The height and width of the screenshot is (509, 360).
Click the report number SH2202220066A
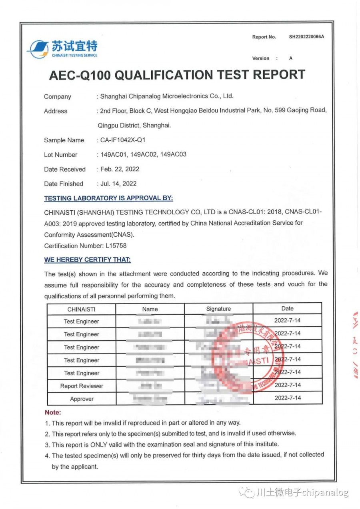click(306, 37)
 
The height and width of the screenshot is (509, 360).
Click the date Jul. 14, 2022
click(118, 184)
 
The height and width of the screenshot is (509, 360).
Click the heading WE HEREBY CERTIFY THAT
click(87, 260)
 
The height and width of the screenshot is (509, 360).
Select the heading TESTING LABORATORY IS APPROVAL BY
click(108, 198)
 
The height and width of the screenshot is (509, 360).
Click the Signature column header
click(218, 309)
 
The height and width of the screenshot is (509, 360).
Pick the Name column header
click(150, 309)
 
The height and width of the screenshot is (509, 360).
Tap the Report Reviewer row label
click(82, 386)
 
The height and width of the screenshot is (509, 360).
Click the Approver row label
click(82, 399)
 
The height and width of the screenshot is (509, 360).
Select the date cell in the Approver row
click(288, 398)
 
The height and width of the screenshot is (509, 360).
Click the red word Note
click(53, 412)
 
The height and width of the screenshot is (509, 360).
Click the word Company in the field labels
click(58, 96)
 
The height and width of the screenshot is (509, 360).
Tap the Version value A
click(291, 58)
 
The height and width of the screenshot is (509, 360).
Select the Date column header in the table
click(287, 308)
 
